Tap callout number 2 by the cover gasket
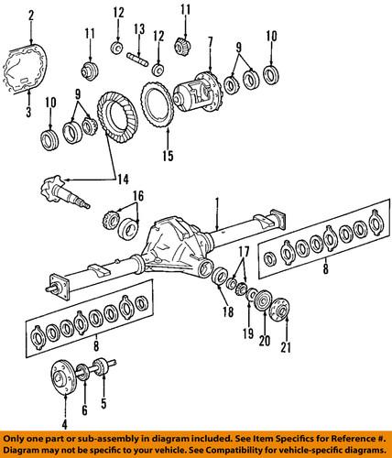[x=30, y=16]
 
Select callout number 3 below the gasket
[x=28, y=112]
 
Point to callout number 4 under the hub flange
[x=63, y=423]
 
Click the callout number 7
[x=210, y=42]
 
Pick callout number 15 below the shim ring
[x=168, y=156]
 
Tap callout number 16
[x=138, y=195]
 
